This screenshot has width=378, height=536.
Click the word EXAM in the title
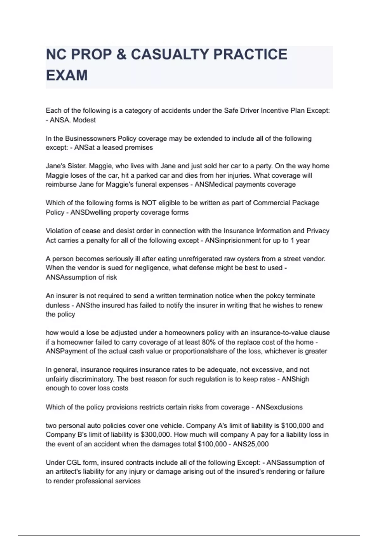(67, 76)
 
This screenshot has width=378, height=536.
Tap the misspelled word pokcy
(267, 296)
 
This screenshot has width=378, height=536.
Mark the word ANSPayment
(67, 351)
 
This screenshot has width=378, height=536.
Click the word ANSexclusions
(279, 407)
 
